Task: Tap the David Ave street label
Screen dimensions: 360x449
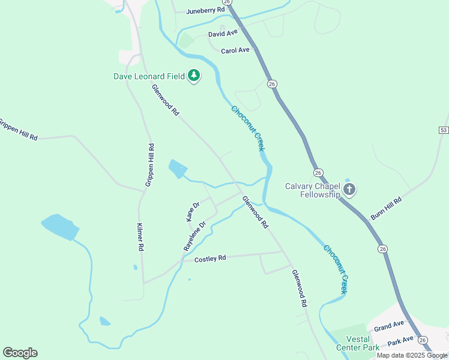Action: pos(219,34)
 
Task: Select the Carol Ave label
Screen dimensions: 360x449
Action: pos(235,50)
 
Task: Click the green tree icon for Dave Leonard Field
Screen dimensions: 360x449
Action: pos(193,76)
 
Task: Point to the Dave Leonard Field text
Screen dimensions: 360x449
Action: pos(149,76)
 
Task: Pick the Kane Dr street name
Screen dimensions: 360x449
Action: pos(193,211)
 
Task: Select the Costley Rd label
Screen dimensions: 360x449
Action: pos(210,259)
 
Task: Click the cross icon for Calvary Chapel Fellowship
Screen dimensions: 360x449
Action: pos(349,190)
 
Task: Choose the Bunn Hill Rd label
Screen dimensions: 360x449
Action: pos(385,209)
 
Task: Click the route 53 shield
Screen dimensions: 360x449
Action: pos(443,130)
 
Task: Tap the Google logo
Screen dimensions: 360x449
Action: pos(20,353)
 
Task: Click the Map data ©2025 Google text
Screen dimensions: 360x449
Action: pos(412,355)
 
